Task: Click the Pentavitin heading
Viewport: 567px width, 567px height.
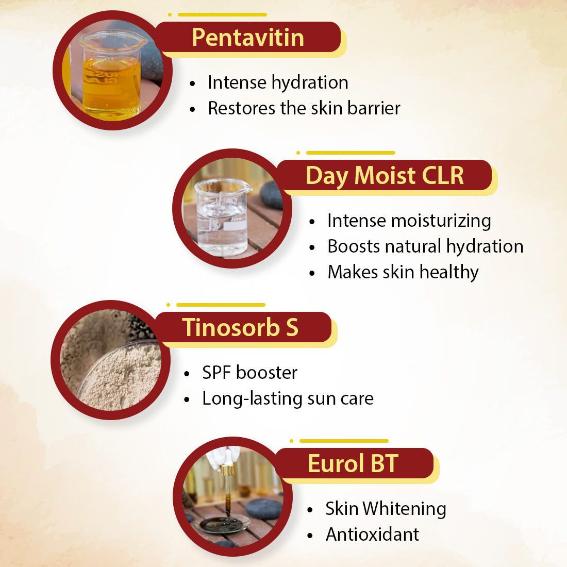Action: pyautogui.click(x=248, y=38)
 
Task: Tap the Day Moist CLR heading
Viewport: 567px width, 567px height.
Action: pyautogui.click(x=385, y=176)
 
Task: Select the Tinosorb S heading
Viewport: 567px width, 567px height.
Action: pyautogui.click(x=240, y=328)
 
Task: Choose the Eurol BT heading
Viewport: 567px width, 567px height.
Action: pyautogui.click(x=353, y=463)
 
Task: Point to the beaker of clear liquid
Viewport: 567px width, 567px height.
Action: pyautogui.click(x=222, y=216)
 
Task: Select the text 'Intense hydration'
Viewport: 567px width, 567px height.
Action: pyautogui.click(x=278, y=82)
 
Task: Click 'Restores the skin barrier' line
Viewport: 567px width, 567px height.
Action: pyautogui.click(x=304, y=108)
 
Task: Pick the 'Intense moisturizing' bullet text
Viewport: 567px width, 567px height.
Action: pyautogui.click(x=409, y=221)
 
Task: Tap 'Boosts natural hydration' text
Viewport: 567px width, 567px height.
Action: pyautogui.click(x=425, y=246)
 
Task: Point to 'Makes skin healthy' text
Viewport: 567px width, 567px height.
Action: pyautogui.click(x=403, y=272)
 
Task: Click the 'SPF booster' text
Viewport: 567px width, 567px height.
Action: pyautogui.click(x=249, y=373)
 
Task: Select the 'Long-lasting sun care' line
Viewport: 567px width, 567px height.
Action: pyautogui.click(x=288, y=398)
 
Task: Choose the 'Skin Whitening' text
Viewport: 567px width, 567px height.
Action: pyautogui.click(x=386, y=509)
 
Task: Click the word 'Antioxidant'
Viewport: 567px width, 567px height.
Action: pyautogui.click(x=372, y=535)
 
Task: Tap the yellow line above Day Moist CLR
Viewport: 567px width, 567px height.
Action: pyautogui.click(x=351, y=153)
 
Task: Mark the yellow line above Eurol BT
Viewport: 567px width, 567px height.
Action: pyautogui.click(x=344, y=441)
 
